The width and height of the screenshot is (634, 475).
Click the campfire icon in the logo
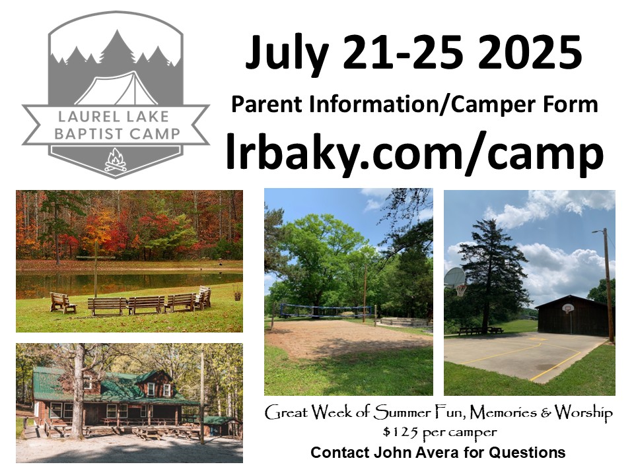point(116,160)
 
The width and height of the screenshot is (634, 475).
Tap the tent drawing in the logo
point(118,89)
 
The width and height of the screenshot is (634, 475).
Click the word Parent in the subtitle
point(267,104)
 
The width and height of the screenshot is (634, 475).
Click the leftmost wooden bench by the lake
point(63,303)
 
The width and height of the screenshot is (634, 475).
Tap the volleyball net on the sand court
point(326,311)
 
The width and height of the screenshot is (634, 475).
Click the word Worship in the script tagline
point(583,413)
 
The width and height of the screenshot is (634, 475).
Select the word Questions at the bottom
point(527,453)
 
